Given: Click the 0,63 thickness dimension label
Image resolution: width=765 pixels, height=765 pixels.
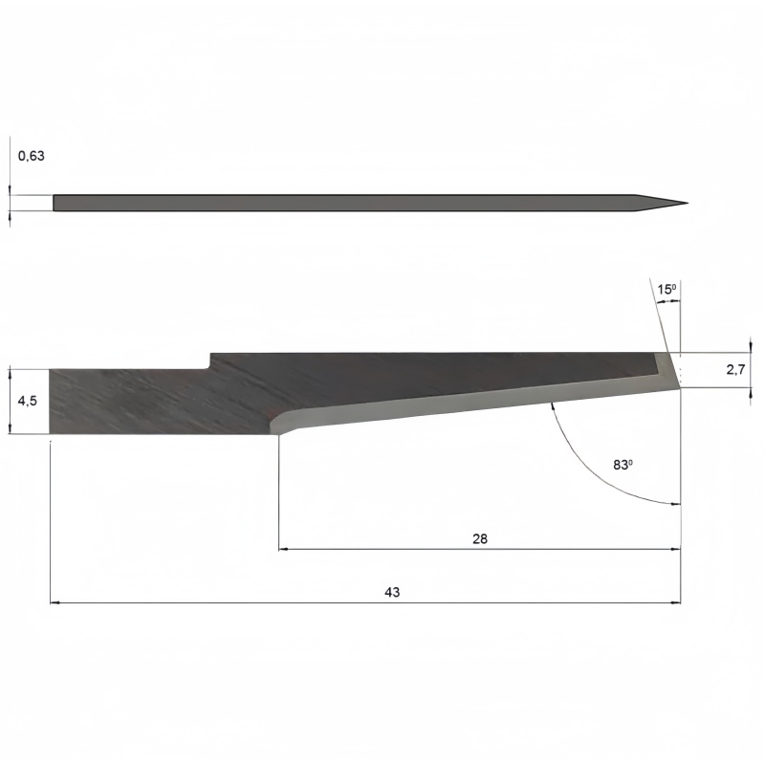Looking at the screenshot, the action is coord(32,156).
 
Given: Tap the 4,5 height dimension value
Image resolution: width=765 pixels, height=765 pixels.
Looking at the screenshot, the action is coord(28,401).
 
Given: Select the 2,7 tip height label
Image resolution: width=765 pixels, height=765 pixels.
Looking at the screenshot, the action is coord(735,370).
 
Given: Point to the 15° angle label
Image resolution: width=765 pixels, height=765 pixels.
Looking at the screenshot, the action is coord(667,290).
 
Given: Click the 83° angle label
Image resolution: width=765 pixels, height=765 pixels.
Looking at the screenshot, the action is coord(623,465).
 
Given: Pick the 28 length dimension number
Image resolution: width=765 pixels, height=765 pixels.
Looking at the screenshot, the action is coord(480,538).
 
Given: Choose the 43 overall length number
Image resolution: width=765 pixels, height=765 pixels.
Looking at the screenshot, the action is coord(392,592).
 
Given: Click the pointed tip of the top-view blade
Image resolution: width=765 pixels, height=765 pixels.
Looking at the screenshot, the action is coord(688,204).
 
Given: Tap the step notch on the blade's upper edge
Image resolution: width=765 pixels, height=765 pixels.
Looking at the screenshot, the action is coord(210,361).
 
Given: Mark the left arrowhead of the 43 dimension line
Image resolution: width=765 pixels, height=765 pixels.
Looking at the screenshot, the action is coord(55,603).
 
